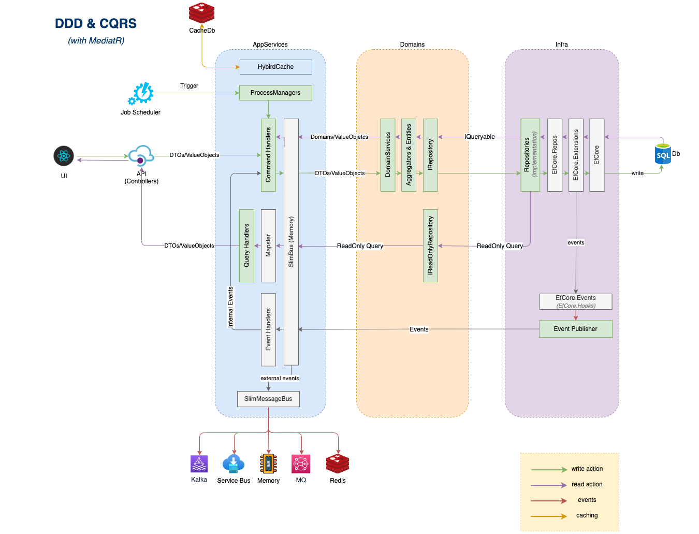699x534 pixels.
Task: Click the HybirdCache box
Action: [275, 67]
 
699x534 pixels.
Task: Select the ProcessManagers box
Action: [275, 93]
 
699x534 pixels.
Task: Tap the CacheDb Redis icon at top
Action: [201, 13]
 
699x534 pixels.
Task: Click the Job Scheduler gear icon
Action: [141, 94]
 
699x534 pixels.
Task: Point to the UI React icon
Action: [64, 156]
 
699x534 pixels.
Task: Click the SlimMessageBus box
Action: [268, 399]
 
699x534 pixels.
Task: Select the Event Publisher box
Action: [575, 329]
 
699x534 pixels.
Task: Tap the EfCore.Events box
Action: [575, 301]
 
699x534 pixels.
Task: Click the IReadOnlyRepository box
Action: [430, 246]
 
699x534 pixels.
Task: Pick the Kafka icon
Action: [199, 464]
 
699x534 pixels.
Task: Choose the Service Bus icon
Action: [234, 464]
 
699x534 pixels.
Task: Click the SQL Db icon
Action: [663, 154]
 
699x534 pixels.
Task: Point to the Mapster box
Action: [268, 246]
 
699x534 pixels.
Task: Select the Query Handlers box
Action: [246, 246]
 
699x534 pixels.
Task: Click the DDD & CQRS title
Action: [96, 24]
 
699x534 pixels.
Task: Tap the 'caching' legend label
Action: [587, 515]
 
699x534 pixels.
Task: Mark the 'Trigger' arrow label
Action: [189, 86]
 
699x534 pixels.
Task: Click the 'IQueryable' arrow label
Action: [479, 137]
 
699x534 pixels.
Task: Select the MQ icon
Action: [301, 464]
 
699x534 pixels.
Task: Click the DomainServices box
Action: [388, 155]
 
